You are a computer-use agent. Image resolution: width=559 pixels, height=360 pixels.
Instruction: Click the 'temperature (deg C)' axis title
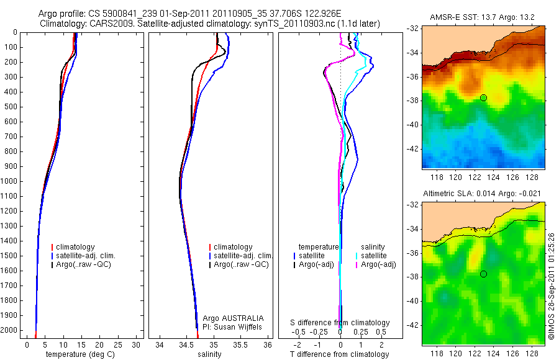coord(81,354)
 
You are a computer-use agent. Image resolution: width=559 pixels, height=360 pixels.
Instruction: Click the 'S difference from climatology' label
coord(340,323)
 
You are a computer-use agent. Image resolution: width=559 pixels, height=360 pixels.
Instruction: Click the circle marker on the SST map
coord(483,97)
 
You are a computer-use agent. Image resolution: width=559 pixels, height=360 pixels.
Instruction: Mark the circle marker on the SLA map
coord(483,274)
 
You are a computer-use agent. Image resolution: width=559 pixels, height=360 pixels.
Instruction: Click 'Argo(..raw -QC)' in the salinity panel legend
coord(240,264)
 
